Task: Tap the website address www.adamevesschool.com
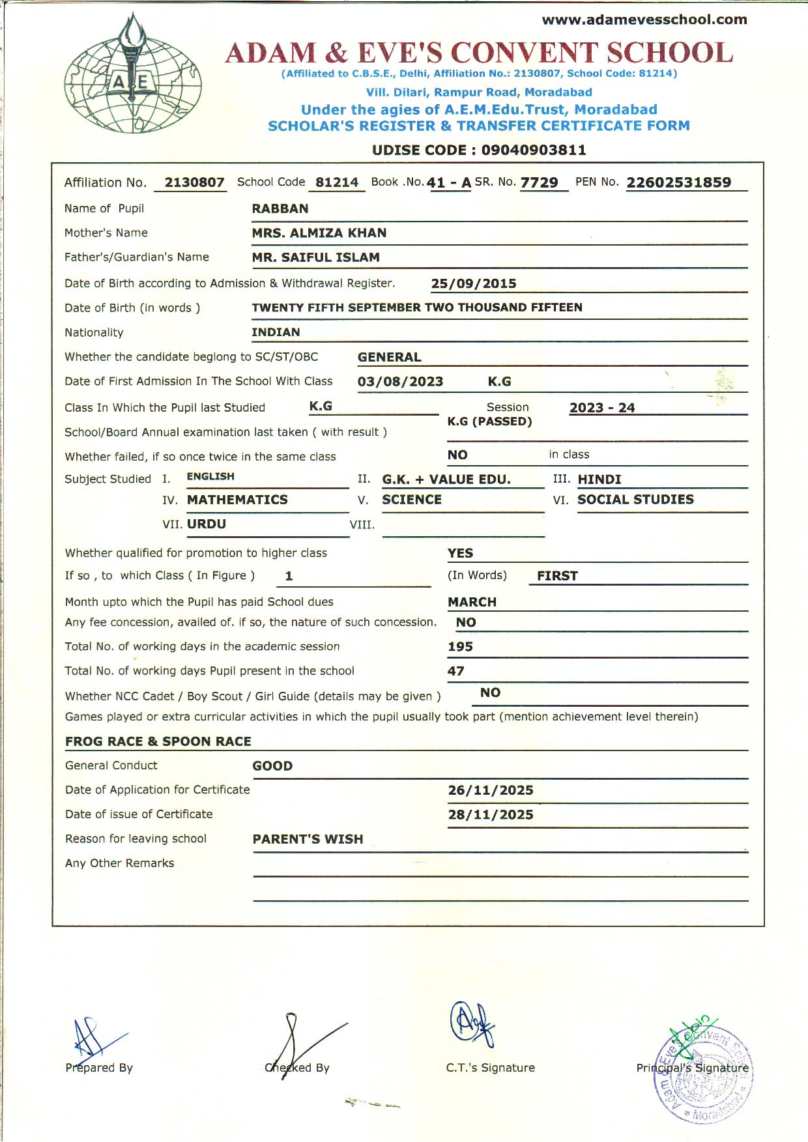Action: point(644,20)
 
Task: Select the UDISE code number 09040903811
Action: point(534,150)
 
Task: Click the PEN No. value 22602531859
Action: point(678,183)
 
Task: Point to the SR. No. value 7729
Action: point(539,183)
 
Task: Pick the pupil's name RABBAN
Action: point(280,209)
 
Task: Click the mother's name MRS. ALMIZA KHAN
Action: point(319,233)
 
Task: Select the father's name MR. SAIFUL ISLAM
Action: point(315,258)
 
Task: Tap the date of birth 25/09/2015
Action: point(474,284)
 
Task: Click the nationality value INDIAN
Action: point(276,332)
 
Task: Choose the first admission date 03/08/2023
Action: point(400,382)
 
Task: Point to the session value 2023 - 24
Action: point(601,408)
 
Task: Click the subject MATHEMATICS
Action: point(237,500)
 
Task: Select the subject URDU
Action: point(207,524)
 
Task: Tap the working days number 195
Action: point(460,647)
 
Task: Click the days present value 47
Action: point(456,671)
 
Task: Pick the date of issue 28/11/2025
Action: point(490,815)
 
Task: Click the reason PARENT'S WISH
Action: point(308,839)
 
